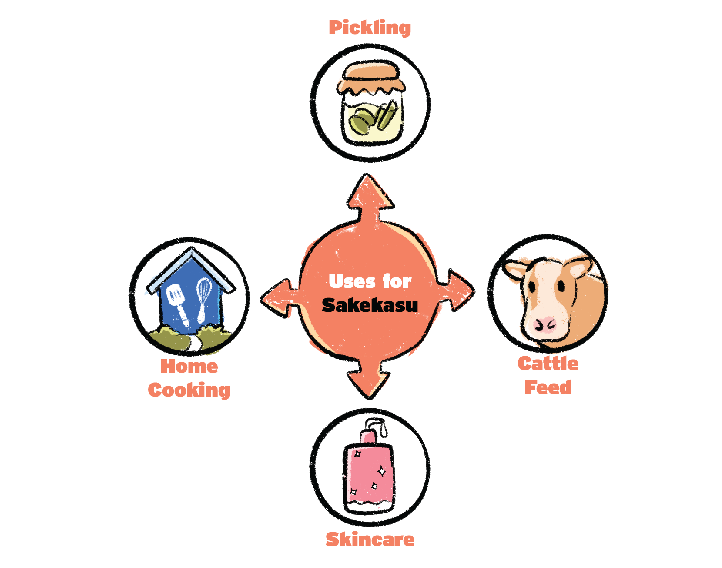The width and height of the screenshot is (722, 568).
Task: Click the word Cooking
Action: click(x=189, y=390)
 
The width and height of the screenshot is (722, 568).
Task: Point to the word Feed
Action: click(x=548, y=387)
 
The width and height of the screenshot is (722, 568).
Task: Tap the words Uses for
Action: click(x=370, y=281)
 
